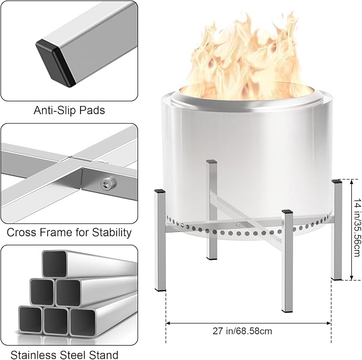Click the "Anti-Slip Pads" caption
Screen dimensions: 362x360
69,110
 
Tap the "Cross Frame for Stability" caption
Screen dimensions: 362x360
69,233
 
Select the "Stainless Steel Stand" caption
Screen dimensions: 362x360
65,355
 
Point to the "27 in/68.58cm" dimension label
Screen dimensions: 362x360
243,331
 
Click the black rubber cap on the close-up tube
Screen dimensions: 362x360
55,63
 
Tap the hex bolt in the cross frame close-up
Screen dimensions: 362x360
108,183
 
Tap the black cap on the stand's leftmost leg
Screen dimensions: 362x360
160,191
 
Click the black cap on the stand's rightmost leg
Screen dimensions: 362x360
336,181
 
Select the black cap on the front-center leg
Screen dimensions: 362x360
287,212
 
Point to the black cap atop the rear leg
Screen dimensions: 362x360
212,162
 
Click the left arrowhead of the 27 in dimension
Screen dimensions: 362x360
168,323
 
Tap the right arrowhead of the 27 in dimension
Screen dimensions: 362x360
329,323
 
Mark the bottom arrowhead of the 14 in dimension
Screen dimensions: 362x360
352,277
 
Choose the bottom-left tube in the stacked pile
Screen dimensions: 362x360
30,319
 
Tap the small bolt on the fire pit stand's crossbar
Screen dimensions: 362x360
238,224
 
